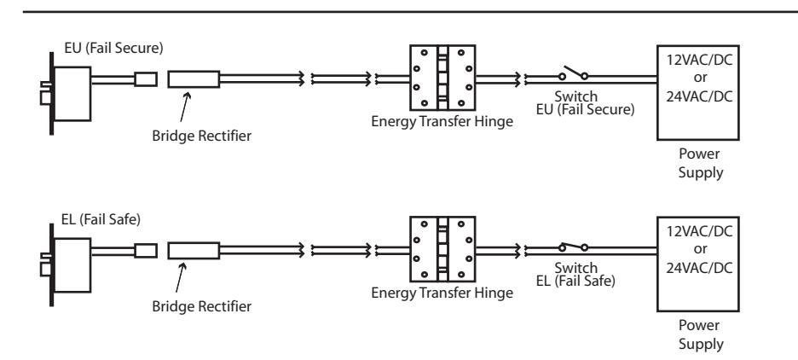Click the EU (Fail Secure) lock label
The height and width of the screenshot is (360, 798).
point(113,48)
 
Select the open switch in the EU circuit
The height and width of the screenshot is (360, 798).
point(574,73)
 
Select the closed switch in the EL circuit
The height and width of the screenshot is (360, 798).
point(574,247)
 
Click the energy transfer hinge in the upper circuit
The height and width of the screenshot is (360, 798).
point(442,78)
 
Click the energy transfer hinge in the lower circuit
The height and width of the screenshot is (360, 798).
point(442,249)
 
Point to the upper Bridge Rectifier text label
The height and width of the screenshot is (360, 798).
point(201,136)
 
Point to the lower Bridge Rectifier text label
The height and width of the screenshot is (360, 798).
point(201,306)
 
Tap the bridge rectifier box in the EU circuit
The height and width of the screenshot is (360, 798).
point(194,79)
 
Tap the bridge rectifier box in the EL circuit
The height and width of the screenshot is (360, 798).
point(194,251)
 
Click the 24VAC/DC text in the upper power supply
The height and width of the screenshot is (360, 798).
point(700,96)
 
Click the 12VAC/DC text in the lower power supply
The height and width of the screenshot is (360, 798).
point(700,231)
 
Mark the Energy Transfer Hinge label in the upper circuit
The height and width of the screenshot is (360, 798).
point(442,122)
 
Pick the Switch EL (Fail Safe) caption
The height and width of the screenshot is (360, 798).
point(575,274)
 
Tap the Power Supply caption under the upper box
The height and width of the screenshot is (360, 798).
point(700,163)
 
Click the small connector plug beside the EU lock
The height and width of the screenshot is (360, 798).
point(146,79)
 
